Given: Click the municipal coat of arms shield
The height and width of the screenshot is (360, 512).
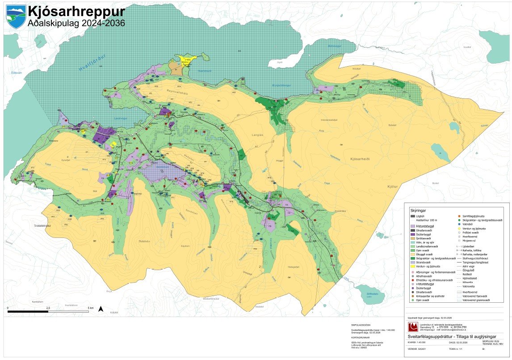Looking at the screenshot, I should (16, 17).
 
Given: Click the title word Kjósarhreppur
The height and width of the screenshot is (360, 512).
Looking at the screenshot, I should (76, 11).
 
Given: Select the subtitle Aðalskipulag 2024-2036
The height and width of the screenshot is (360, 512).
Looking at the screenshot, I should (76, 23).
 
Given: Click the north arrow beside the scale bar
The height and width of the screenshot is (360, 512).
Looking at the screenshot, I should (101, 309).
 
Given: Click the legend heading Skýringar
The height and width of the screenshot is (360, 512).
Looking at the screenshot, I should (418, 209).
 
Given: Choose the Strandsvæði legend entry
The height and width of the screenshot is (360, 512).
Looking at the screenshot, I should (423, 262).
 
